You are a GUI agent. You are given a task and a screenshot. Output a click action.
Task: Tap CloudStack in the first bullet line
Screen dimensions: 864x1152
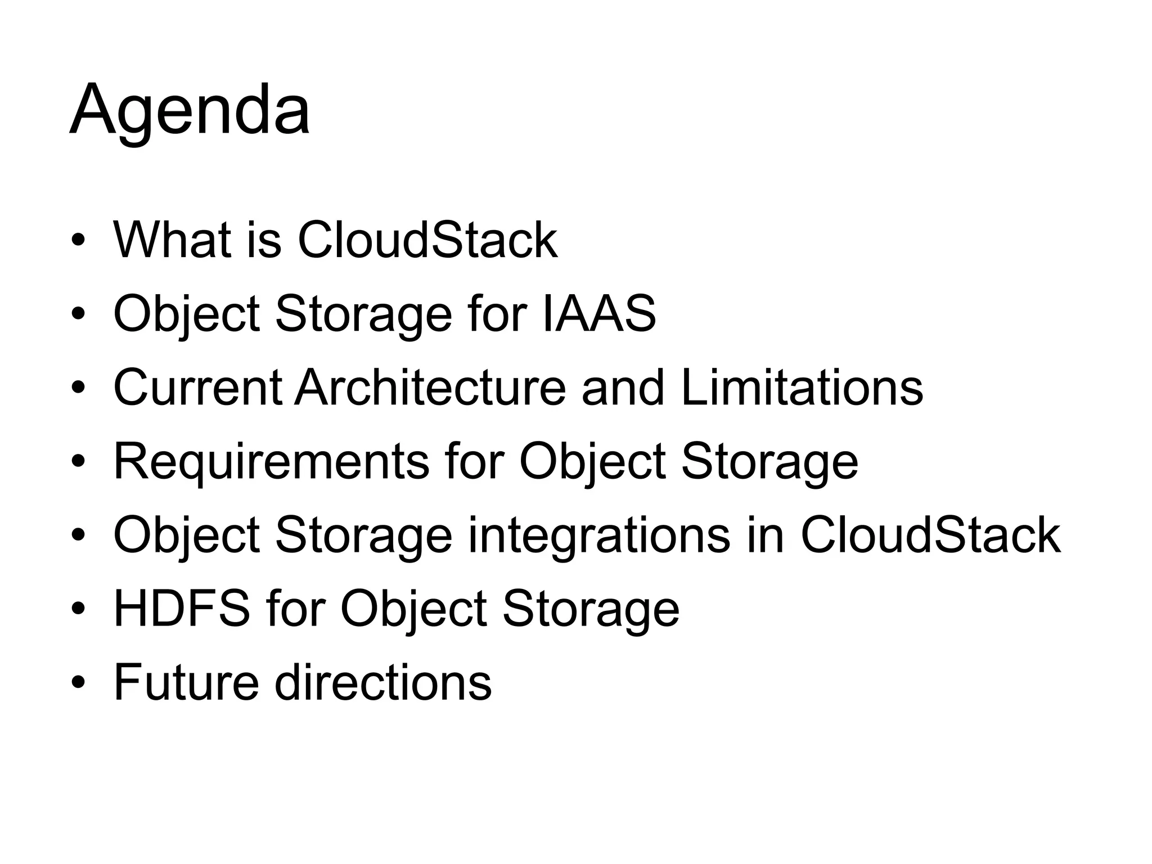[427, 240]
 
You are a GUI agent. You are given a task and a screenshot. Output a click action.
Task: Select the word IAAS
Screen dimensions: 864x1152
[599, 314]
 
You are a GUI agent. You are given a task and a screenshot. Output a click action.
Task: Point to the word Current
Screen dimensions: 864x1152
[197, 388]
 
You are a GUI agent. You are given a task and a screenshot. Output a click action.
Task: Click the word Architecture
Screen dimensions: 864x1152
[430, 388]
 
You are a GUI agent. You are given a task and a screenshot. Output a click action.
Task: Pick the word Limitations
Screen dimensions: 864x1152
[802, 388]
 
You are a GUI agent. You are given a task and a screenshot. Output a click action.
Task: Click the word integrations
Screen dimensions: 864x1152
[599, 535]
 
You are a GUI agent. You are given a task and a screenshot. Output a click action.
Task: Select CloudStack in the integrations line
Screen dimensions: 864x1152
[930, 535]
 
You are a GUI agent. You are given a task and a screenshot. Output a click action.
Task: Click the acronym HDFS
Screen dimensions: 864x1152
[182, 609]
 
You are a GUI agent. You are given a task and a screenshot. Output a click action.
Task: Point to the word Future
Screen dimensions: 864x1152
[186, 682]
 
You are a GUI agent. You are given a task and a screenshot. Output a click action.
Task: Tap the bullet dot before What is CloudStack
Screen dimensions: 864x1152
[78, 241]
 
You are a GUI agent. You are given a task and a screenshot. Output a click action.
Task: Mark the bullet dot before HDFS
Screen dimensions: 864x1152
[78, 610]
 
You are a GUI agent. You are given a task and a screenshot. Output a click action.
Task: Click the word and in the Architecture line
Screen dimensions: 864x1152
[623, 388]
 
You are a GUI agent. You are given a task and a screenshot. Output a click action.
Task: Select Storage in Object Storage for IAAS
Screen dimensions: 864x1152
[363, 314]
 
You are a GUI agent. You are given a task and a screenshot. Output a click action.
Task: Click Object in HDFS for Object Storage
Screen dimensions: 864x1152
[413, 609]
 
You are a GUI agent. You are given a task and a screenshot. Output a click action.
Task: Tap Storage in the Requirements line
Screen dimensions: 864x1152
[769, 461]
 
